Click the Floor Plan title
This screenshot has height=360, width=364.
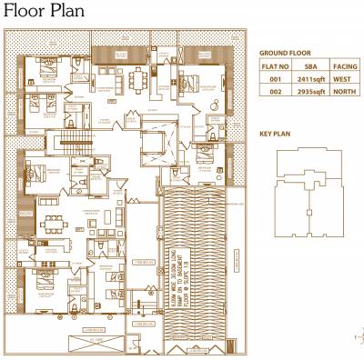point(44,12)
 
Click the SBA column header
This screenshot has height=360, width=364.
point(311,66)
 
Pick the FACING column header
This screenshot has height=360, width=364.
point(344,66)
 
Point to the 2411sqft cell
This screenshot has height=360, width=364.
point(311,79)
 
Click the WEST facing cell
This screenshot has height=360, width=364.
point(342,79)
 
